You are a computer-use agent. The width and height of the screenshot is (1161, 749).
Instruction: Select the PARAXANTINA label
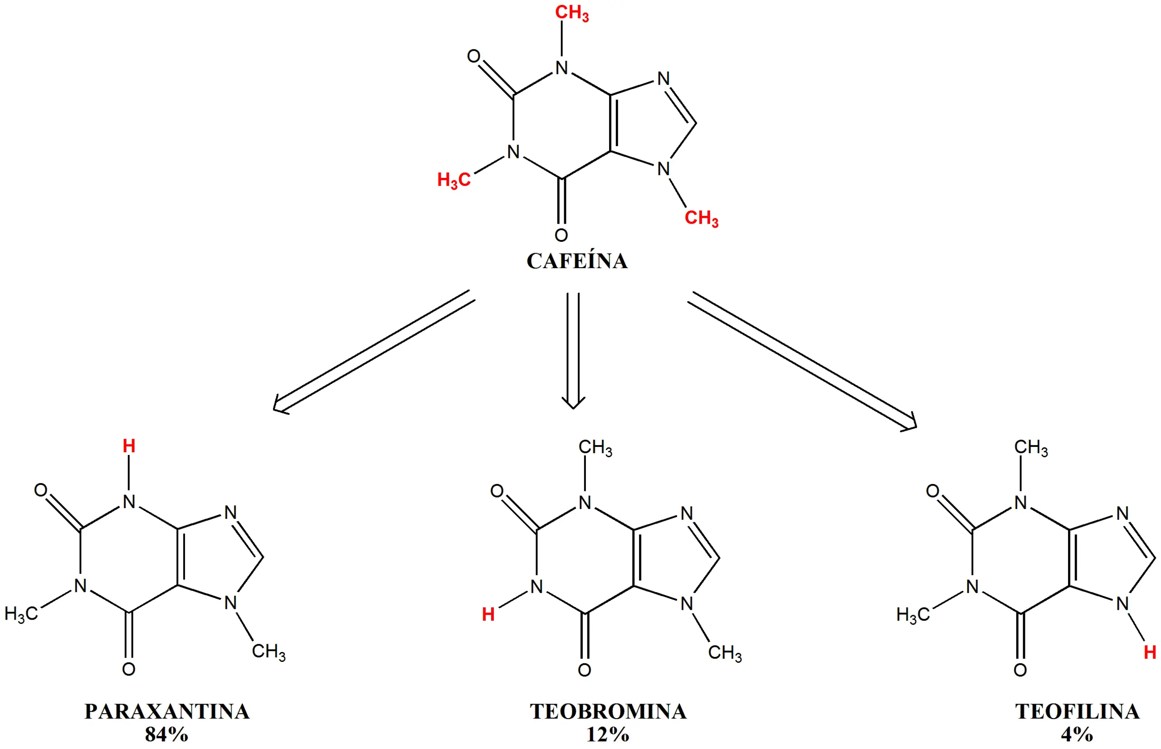167,711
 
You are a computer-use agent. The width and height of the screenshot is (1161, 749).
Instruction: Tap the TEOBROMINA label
608,711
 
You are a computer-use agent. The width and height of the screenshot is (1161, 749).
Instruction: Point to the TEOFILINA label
1078,711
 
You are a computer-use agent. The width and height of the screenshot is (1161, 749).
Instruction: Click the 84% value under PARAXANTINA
166,734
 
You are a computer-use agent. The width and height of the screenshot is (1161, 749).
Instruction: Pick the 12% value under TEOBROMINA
608,734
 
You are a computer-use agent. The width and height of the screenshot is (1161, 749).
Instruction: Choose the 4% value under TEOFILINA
1077,734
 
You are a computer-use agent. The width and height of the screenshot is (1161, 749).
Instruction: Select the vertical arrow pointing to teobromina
573,351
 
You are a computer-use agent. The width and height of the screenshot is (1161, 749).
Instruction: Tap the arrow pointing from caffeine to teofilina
802,361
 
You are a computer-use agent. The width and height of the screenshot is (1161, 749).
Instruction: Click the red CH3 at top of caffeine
572,13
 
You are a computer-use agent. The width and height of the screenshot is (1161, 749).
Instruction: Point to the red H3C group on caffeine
454,181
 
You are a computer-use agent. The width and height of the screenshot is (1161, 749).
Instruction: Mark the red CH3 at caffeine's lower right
701,218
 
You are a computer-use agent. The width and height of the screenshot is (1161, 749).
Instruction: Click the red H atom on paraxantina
129,445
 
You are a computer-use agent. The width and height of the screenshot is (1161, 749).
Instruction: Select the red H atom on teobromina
488,614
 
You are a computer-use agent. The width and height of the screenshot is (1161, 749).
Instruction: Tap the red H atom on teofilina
1150,652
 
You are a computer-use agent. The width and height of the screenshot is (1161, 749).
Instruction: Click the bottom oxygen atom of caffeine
561,235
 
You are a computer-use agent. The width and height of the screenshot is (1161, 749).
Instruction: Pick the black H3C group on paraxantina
21,614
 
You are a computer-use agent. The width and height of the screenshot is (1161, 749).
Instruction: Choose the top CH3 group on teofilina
1031,447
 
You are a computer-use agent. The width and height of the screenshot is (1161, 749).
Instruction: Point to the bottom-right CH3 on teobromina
725,653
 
